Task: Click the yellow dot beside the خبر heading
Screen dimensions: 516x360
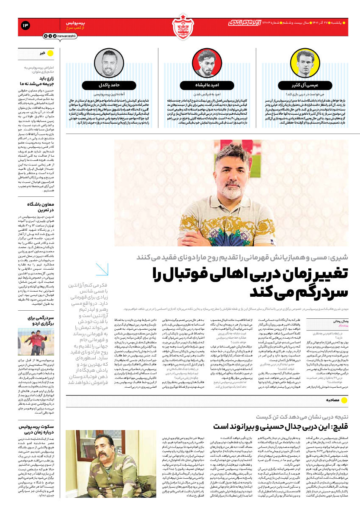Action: [50, 53]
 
